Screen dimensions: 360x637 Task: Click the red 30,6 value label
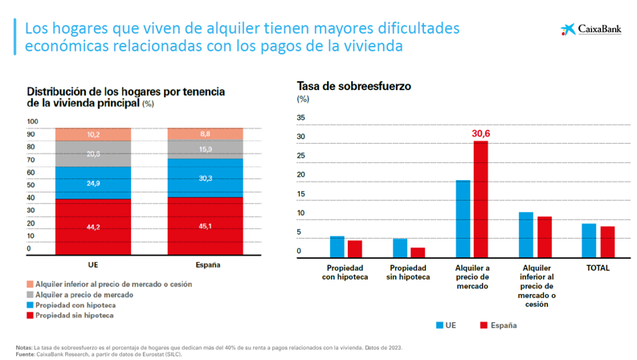(x=480, y=133)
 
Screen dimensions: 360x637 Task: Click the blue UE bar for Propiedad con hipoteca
(x=337, y=246)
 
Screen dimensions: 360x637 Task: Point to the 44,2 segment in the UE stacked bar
(x=93, y=227)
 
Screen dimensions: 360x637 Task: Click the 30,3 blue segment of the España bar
(x=205, y=178)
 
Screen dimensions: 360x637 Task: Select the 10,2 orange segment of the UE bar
(x=93, y=134)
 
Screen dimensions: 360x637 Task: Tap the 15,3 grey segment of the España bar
(x=205, y=149)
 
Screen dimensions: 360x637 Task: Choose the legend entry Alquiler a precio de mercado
(x=79, y=295)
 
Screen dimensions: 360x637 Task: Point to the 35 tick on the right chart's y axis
(x=301, y=118)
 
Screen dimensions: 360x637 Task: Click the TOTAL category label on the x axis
(x=598, y=268)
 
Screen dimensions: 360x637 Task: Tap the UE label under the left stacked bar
(x=93, y=265)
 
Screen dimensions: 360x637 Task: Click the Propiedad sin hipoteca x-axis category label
(x=409, y=272)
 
